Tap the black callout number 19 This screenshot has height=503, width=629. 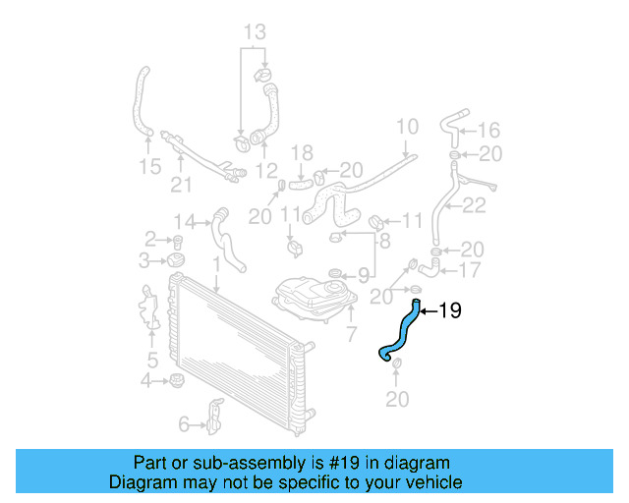pyautogui.click(x=449, y=311)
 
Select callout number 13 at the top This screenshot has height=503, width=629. pyautogui.click(x=255, y=32)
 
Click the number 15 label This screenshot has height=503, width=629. pyautogui.click(x=149, y=167)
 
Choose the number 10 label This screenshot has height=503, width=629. pyautogui.click(x=407, y=126)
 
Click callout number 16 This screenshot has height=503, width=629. pyautogui.click(x=488, y=129)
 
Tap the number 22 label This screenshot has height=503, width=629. pyautogui.click(x=475, y=205)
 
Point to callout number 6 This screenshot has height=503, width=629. pyautogui.click(x=183, y=424)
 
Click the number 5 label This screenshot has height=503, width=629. pyautogui.click(x=152, y=359)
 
